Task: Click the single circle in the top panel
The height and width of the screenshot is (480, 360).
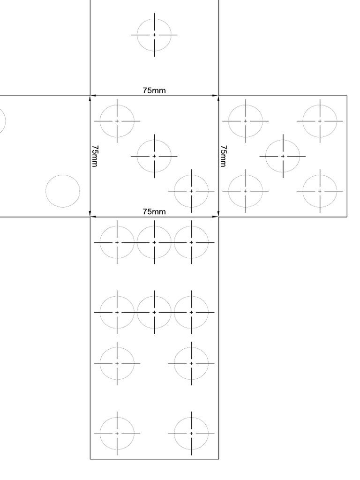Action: (154, 35)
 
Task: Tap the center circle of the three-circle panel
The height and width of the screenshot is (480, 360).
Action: (154, 156)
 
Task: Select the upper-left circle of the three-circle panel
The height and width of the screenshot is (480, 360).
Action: (117, 121)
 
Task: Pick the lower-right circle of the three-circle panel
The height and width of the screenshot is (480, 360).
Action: (191, 191)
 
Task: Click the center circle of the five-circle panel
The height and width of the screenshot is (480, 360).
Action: (283, 156)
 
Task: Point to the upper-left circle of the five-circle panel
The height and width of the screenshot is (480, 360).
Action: (246, 121)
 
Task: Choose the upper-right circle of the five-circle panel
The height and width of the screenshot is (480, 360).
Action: (320, 121)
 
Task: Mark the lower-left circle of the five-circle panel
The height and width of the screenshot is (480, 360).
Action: (246, 191)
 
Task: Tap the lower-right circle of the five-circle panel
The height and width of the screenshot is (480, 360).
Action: (320, 191)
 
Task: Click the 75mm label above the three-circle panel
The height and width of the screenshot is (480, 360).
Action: (154, 90)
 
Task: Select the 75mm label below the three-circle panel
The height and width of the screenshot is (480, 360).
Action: (154, 212)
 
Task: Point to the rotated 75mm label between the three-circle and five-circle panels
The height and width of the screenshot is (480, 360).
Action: (224, 156)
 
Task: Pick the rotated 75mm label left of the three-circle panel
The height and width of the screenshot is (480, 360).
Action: (95, 156)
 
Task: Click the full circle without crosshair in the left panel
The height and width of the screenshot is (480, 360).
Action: (63, 191)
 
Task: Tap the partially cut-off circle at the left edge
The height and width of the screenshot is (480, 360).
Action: (2, 121)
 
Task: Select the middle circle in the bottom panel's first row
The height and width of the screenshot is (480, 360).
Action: (154, 242)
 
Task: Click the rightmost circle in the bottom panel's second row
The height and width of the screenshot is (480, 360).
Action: (191, 312)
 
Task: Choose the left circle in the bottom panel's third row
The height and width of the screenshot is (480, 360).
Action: (117, 363)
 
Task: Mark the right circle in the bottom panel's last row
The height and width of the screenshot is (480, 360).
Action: (191, 434)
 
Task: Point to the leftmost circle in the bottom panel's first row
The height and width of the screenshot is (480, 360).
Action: (117, 242)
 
